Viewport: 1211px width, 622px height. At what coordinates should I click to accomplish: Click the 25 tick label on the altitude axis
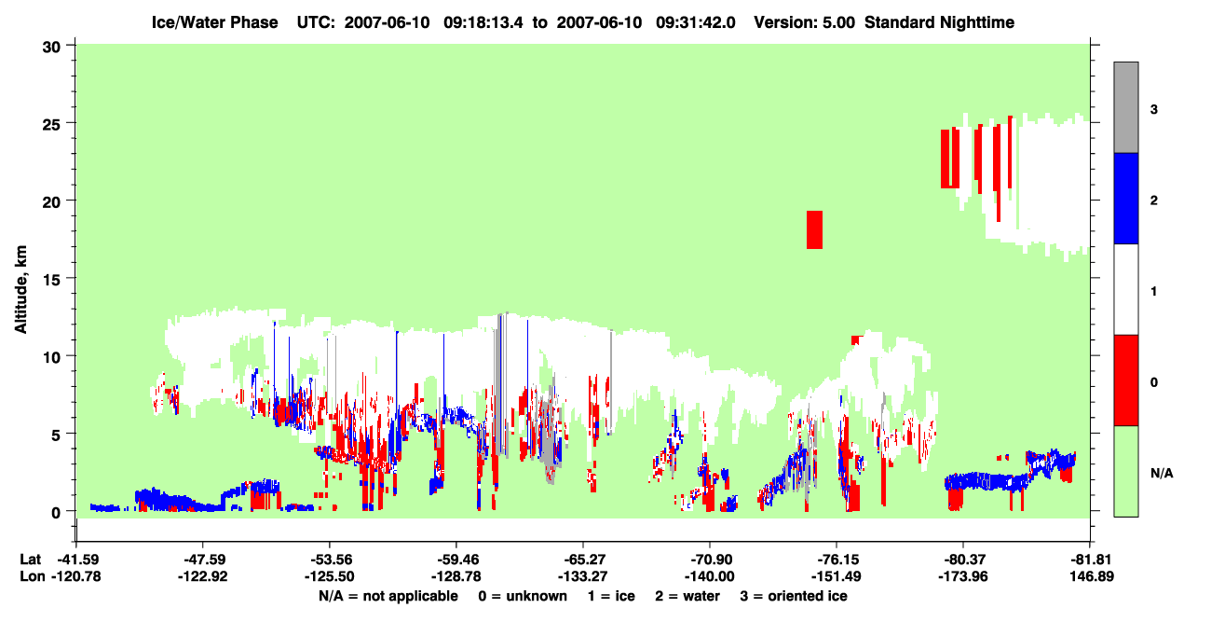[x=51, y=124]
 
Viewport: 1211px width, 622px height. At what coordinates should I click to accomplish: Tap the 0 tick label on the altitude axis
[x=56, y=512]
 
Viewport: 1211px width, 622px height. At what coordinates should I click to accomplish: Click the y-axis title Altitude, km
[x=20, y=290]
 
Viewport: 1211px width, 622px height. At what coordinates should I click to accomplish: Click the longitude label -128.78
[x=456, y=576]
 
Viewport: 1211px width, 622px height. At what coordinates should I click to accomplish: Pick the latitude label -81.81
[x=1090, y=560]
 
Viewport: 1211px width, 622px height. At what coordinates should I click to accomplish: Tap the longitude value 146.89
[x=1092, y=576]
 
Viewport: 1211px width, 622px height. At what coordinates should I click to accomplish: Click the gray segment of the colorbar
[x=1125, y=107]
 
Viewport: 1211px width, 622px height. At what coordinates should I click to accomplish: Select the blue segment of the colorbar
[x=1125, y=198]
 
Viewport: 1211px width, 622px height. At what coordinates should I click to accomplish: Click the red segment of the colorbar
[x=1125, y=380]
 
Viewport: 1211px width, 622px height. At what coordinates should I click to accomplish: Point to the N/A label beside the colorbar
[x=1162, y=474]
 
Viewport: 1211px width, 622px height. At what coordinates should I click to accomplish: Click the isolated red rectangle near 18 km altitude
[x=814, y=229]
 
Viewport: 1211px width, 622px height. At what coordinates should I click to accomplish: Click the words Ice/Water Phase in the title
[x=214, y=22]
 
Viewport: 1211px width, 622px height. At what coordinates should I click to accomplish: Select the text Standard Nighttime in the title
[x=939, y=22]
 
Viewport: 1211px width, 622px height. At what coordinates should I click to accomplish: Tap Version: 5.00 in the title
[x=805, y=22]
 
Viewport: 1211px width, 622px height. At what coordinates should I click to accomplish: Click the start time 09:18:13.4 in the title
[x=483, y=22]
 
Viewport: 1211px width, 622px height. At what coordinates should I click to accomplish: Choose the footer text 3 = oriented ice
[x=794, y=596]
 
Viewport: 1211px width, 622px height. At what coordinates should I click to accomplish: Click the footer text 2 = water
[x=687, y=596]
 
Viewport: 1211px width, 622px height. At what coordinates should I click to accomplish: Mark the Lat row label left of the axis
[x=30, y=560]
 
